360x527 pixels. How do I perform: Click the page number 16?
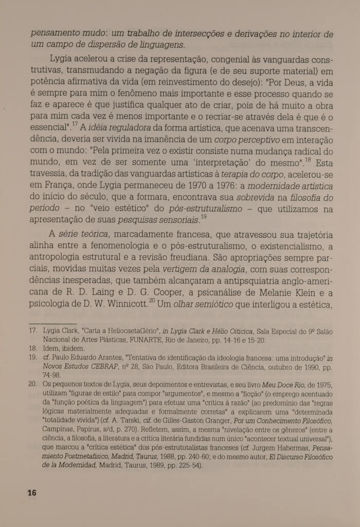[32, 493]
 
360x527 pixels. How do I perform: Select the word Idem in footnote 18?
[52, 348]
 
